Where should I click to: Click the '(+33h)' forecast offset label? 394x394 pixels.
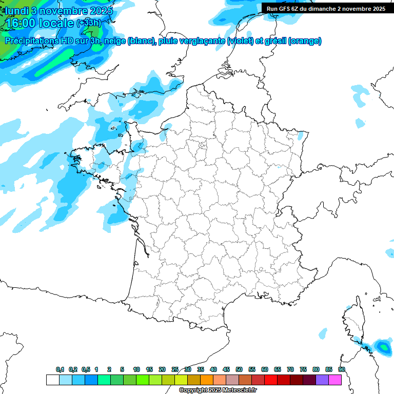(x=88, y=23)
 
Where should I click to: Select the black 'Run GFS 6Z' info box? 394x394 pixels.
(x=326, y=8)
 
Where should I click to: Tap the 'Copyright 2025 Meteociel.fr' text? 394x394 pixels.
(x=218, y=390)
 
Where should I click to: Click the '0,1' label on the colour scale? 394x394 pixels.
(x=60, y=370)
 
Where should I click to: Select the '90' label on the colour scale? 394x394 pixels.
(x=341, y=370)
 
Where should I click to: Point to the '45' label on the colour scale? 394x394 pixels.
(x=226, y=370)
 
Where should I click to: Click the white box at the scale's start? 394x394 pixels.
(x=52, y=380)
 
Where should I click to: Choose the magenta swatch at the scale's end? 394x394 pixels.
(x=335, y=380)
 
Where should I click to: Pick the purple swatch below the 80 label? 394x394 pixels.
(x=322, y=380)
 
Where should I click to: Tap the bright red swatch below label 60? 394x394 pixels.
(x=271, y=380)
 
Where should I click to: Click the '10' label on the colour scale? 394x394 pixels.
(x=136, y=370)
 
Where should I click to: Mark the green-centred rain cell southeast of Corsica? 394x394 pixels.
(x=383, y=347)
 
